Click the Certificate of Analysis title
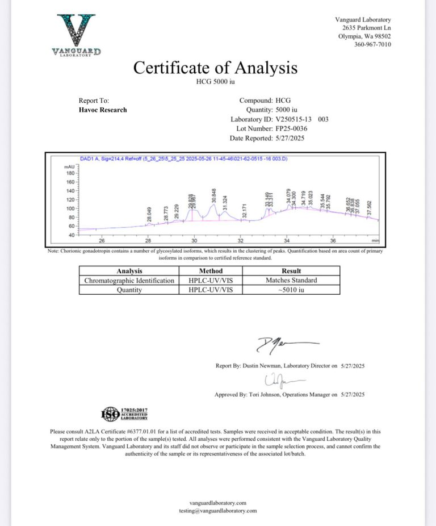[215, 68]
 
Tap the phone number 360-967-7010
[372, 45]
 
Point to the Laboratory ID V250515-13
[295, 119]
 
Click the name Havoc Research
[103, 110]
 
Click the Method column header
[211, 271]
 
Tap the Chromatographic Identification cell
[129, 280]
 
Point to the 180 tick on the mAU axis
[71, 173]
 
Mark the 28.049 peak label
[149, 215]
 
